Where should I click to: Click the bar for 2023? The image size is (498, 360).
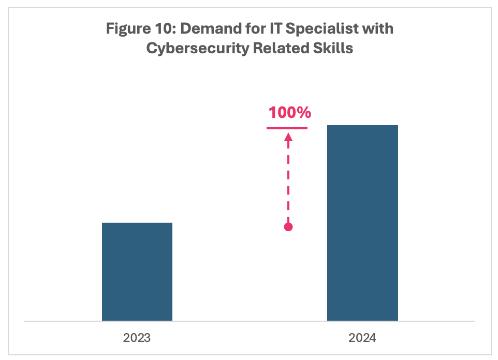coord(137,272)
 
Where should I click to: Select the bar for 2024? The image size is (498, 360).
coord(362,223)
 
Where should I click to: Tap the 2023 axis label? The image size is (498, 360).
coord(137,339)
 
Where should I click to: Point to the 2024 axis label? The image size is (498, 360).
coord(362,339)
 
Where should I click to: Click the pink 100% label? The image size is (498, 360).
coord(289,112)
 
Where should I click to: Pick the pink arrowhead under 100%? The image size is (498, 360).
coord(289,137)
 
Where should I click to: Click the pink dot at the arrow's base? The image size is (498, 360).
coord(289,227)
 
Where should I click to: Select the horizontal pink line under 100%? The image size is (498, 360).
coord(287,128)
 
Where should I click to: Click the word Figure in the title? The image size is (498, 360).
coord(127,28)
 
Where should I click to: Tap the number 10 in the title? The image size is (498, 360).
coord(164,28)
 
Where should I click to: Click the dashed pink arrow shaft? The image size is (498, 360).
coord(289,181)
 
